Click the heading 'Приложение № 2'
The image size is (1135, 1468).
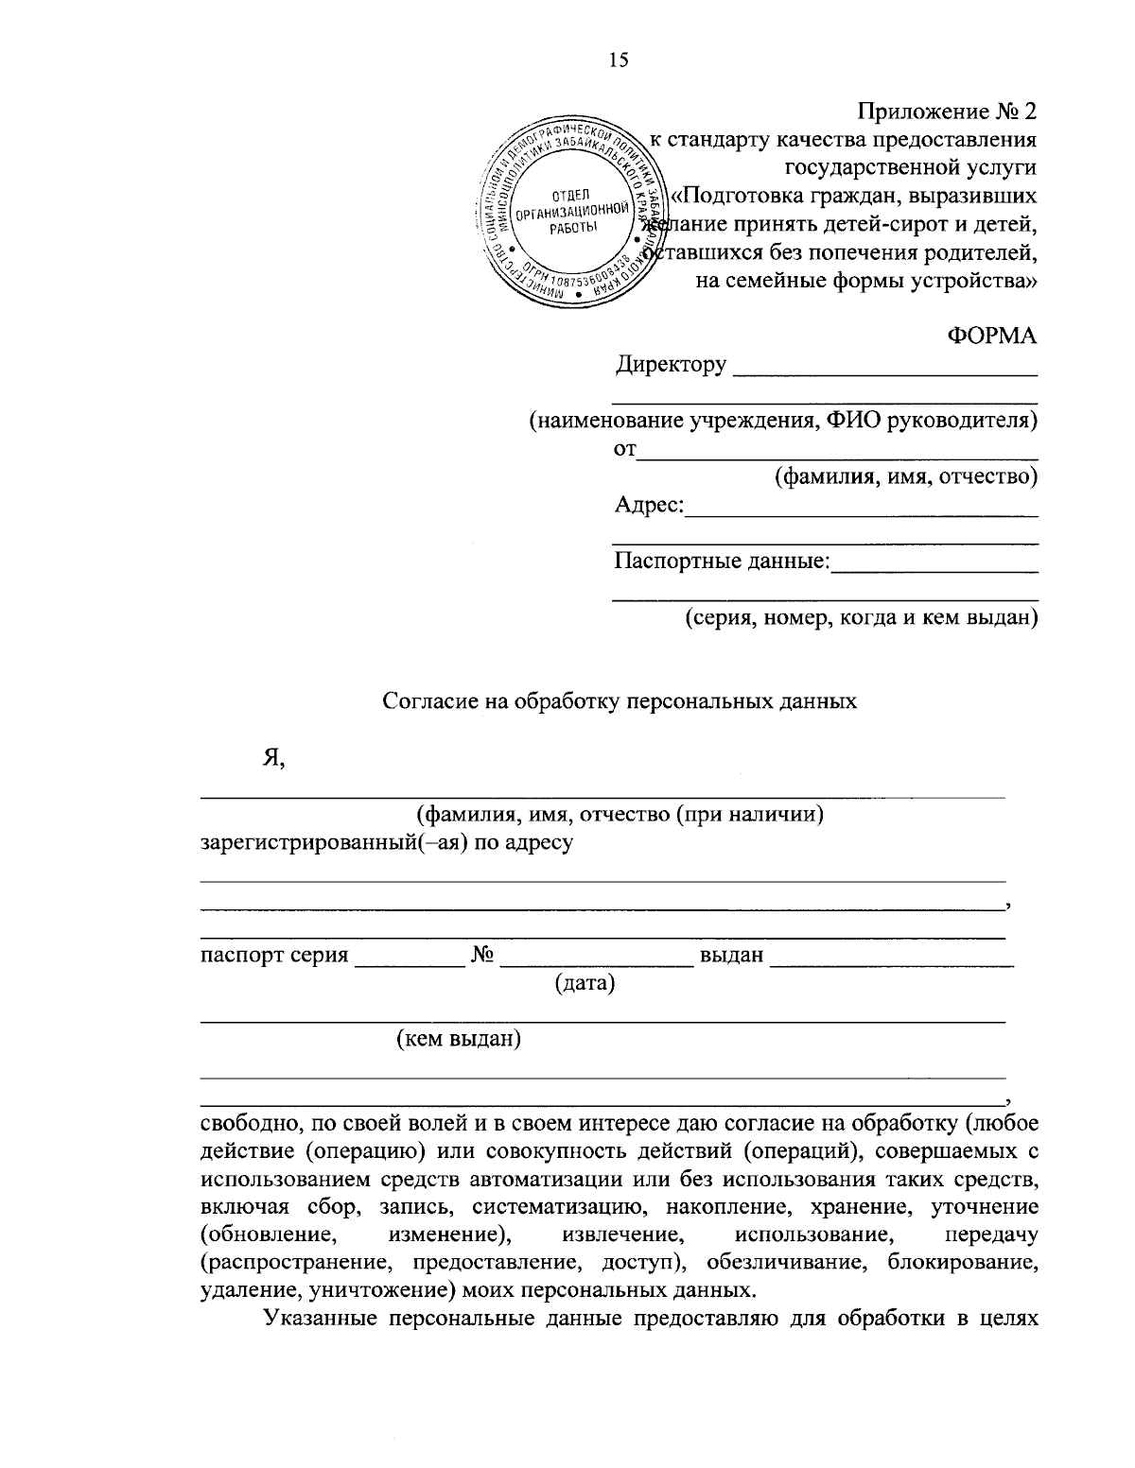tap(947, 112)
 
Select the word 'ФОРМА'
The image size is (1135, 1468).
tap(991, 336)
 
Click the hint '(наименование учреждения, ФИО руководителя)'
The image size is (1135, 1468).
tap(783, 421)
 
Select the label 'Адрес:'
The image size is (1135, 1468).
tap(649, 506)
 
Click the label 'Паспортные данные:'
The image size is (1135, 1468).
tap(722, 562)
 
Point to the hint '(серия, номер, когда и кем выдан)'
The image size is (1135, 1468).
tap(862, 618)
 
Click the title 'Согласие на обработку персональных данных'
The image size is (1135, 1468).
tap(620, 701)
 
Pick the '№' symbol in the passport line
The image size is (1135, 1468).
tap(483, 956)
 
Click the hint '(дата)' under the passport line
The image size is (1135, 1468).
tap(585, 984)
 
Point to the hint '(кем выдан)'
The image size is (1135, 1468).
tap(459, 1040)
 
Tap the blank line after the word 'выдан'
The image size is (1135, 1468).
tap(891, 962)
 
